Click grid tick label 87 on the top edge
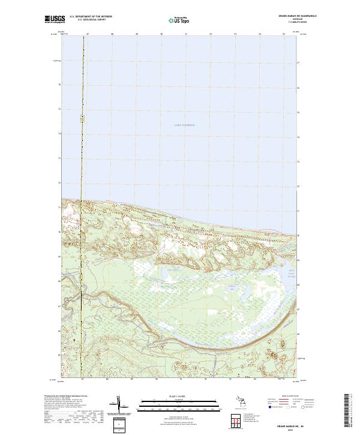tap(88, 35)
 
